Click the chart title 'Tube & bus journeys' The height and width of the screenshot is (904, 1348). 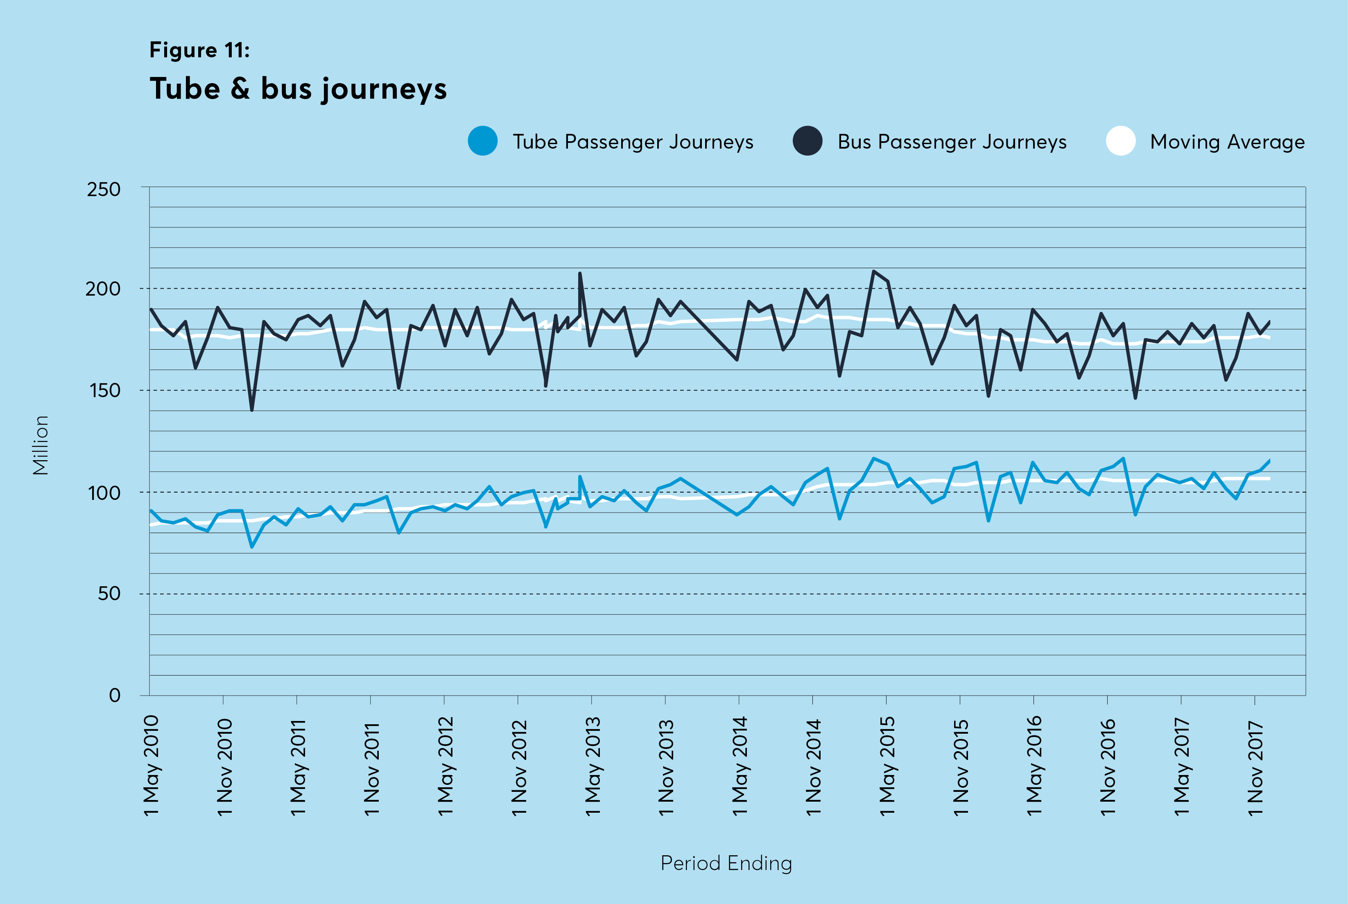coord(298,89)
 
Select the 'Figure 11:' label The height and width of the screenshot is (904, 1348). coord(199,50)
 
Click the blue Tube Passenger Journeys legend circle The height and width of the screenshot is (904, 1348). coord(483,141)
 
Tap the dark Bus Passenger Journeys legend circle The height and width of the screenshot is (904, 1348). coord(807,141)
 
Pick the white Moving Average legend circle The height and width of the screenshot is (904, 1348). coord(1120,141)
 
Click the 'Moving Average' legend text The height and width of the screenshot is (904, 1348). coord(1227,142)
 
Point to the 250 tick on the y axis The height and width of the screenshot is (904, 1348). coord(104,189)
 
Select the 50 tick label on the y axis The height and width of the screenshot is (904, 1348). coord(109,593)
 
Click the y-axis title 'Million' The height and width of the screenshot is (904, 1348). coord(41,445)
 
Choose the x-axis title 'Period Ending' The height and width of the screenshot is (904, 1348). coord(726,863)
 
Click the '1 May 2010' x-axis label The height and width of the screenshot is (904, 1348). coord(152,765)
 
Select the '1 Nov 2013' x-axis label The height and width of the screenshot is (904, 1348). coord(667,767)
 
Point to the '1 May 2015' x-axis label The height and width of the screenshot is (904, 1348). coord(887,765)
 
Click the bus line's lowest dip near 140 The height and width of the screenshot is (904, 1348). coord(252,410)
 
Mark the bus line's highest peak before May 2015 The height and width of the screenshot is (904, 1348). coord(873,271)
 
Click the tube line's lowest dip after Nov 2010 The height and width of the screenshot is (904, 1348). coord(252,546)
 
